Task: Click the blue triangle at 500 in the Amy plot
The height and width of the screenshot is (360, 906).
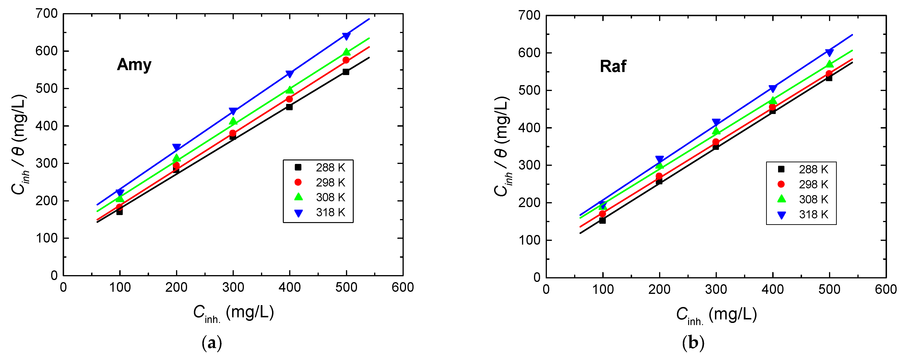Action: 346,36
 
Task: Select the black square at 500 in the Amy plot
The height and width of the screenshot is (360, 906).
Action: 346,72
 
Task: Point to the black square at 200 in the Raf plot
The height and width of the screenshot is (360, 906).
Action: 659,181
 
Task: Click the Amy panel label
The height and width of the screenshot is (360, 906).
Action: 134,65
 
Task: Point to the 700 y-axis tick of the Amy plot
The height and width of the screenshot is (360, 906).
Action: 46,14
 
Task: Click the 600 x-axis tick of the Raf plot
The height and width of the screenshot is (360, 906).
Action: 886,289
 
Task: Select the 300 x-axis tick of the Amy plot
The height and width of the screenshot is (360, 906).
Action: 233,288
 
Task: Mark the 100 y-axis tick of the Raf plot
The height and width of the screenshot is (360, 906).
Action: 529,240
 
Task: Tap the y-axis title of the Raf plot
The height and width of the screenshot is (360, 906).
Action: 502,146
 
